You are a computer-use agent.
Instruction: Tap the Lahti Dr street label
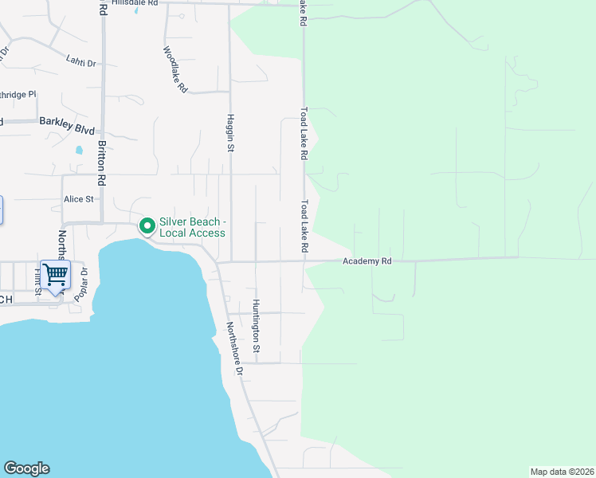pyautogui.click(x=81, y=61)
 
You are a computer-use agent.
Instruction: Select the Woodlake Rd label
pyautogui.click(x=174, y=69)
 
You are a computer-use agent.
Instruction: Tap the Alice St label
pyautogui.click(x=79, y=199)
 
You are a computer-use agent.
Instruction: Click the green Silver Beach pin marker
pyautogui.click(x=147, y=226)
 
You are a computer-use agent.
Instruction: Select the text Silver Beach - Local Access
pyautogui.click(x=192, y=227)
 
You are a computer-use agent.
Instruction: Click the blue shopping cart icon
pyautogui.click(x=55, y=275)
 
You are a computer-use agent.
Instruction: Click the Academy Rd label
pyautogui.click(x=367, y=261)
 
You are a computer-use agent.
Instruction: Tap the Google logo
pyautogui.click(x=26, y=468)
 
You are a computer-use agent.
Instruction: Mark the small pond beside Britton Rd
pyautogui.click(x=78, y=149)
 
